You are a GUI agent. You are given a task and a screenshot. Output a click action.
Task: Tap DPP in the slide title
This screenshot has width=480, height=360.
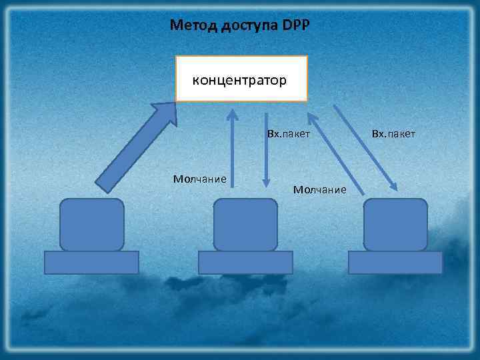point(296,26)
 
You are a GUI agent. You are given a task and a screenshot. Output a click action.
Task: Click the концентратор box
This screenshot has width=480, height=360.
point(241,79)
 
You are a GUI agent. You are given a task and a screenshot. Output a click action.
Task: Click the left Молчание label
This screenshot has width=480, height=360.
point(199,179)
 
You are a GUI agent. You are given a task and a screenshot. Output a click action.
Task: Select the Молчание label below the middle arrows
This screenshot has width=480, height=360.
point(320,191)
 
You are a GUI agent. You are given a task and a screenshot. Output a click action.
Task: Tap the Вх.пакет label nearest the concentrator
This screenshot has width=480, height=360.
point(289,135)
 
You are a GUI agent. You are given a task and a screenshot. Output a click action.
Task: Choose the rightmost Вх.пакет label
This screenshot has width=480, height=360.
point(393,135)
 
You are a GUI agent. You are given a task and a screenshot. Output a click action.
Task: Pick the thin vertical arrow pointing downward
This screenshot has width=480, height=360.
point(266,150)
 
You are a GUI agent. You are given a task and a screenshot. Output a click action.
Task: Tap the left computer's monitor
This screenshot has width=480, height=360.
point(92,225)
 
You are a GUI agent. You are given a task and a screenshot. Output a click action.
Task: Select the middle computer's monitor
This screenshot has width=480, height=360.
point(245,225)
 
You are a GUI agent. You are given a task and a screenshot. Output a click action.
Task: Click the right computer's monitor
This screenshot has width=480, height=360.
point(396,225)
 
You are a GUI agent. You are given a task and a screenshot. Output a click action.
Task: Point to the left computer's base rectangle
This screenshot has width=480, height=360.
point(91,263)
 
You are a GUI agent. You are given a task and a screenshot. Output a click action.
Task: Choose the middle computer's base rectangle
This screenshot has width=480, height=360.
point(245,263)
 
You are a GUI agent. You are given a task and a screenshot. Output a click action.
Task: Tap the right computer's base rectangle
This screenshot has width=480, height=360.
point(395,263)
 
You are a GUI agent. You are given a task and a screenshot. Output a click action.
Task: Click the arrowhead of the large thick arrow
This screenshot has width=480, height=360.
point(163,112)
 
